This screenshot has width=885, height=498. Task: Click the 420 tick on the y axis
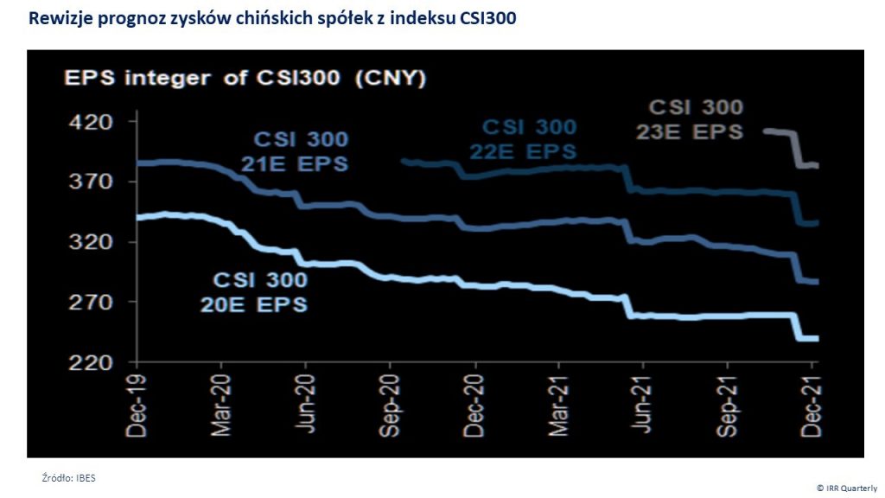click(95, 122)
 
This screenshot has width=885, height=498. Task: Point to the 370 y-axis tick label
click(95, 182)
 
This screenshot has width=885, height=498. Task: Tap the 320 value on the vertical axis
click(95, 242)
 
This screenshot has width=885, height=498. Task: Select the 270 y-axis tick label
click(95, 303)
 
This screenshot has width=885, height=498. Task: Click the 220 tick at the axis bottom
click(95, 362)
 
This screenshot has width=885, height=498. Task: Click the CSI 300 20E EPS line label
click(259, 292)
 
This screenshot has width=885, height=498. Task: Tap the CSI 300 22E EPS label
click(528, 138)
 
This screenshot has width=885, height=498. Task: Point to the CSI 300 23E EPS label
click(696, 119)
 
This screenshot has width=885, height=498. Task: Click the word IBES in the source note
click(83, 477)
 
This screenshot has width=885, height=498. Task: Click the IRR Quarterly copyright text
click(846, 488)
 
